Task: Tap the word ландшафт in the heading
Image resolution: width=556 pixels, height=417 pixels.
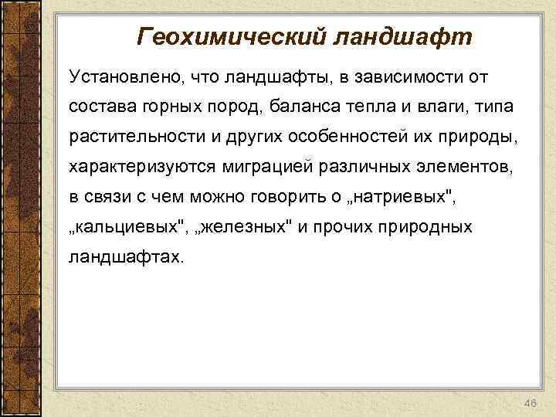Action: click(x=402, y=36)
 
